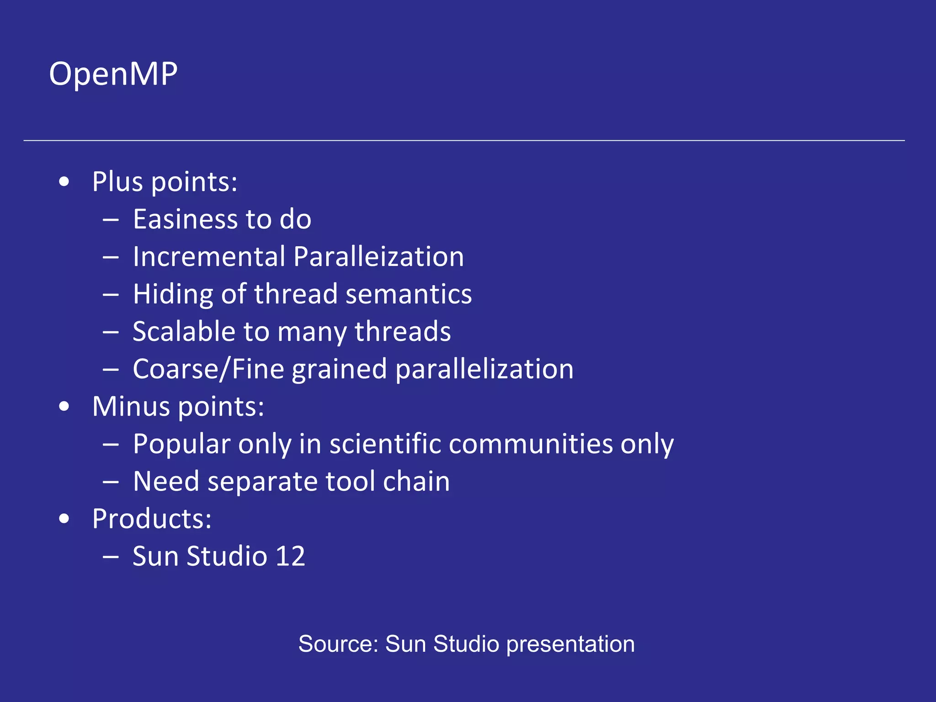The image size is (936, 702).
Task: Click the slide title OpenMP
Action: pyautogui.click(x=113, y=74)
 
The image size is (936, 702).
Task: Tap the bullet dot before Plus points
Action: pyautogui.click(x=64, y=182)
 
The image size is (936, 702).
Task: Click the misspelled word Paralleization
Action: pyautogui.click(x=378, y=256)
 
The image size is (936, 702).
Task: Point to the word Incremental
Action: pyautogui.click(x=209, y=256)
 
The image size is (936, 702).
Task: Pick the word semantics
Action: pyautogui.click(x=409, y=294)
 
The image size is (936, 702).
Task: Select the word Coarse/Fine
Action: pyautogui.click(x=208, y=369)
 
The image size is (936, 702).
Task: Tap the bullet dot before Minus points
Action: pyautogui.click(x=64, y=406)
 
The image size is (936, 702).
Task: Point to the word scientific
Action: pyautogui.click(x=385, y=444)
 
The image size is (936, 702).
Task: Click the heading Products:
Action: pyautogui.click(x=152, y=519)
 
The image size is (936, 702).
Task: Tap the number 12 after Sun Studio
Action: pyautogui.click(x=290, y=556)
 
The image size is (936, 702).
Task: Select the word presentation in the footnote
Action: pyautogui.click(x=570, y=644)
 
